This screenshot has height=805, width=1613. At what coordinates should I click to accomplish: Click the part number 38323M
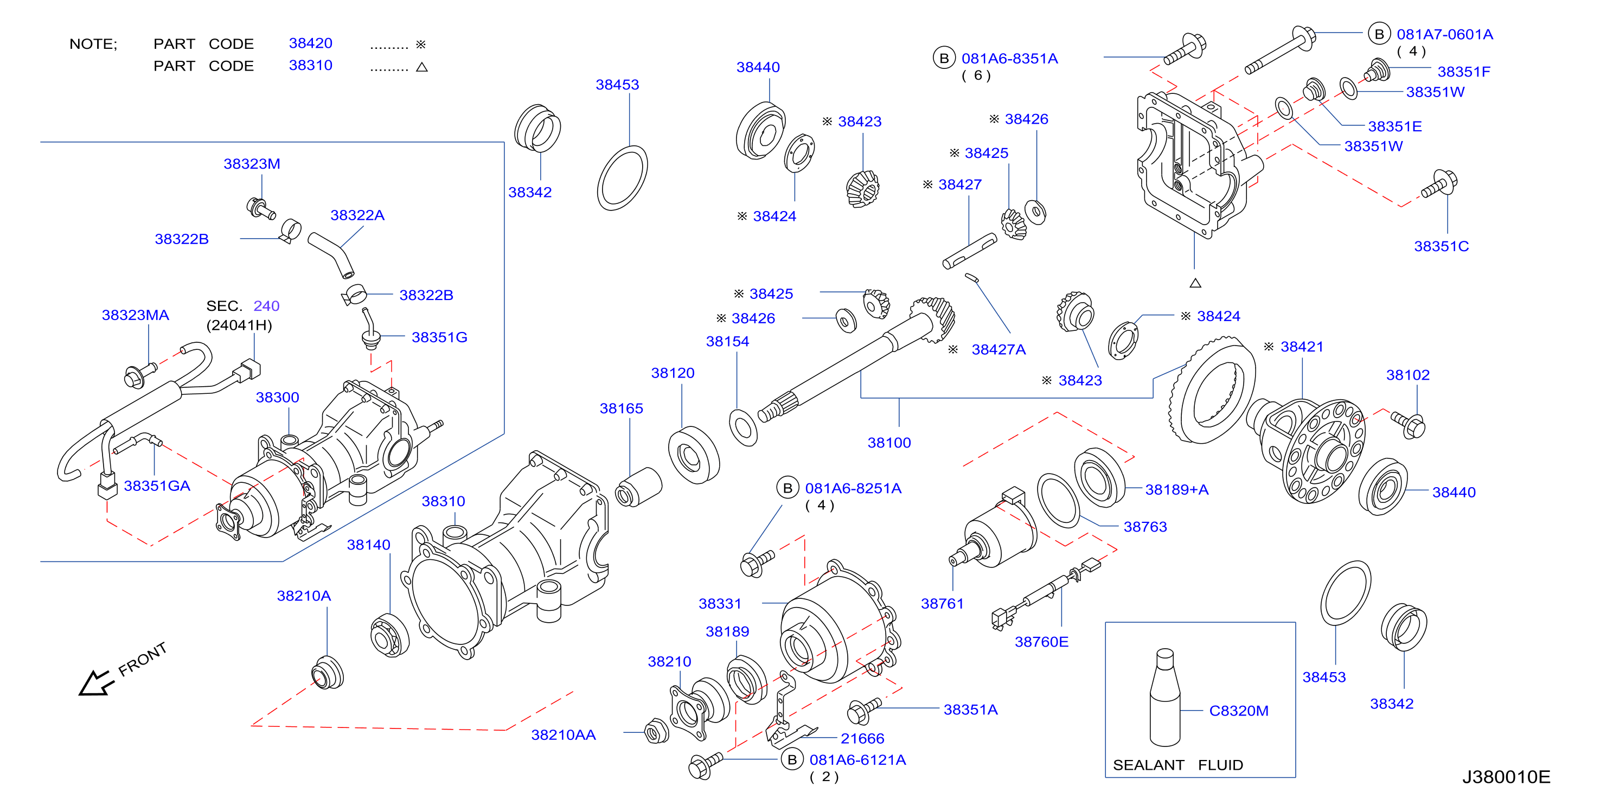252,164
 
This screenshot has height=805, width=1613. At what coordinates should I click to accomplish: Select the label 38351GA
157,486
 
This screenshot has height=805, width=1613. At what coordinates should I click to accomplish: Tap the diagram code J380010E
1506,777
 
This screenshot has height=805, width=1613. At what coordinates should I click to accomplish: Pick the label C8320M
1239,711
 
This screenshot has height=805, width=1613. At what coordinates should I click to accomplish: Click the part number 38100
889,443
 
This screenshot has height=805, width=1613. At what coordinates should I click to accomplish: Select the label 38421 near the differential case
1302,347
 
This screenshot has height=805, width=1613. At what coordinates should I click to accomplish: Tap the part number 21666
862,739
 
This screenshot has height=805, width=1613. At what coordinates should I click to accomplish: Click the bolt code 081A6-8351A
1009,59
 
